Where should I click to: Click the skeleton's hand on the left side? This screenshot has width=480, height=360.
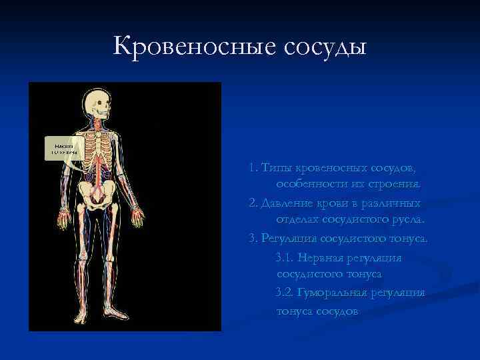(x=62, y=219)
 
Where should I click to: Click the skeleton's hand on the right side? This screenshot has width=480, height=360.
(x=137, y=217)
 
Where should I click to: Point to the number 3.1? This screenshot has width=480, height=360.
(x=282, y=257)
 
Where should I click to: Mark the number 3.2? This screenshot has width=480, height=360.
(x=282, y=293)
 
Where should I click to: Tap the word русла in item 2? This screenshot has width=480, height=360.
(x=408, y=220)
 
